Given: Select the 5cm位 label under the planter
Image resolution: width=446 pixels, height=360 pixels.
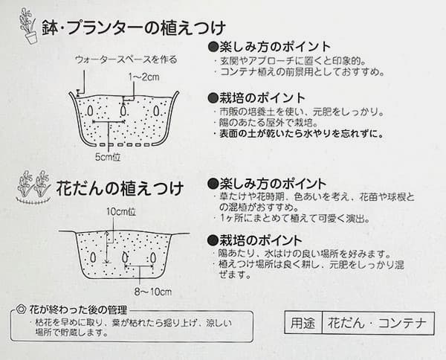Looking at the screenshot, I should coord(109,158).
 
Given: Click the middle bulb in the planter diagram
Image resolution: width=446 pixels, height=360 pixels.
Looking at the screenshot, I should coord(123,109).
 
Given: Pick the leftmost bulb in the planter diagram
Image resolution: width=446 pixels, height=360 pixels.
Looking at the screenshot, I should coord(92,111).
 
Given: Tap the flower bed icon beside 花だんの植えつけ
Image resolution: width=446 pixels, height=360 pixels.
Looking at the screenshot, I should coord(33,187).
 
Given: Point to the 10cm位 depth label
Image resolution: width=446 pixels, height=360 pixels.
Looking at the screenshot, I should coord(120,211).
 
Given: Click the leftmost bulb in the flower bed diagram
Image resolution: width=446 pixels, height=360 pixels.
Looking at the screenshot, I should coord(92,257).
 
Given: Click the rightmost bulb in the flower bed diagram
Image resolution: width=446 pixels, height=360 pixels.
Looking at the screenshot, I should coord(152,257).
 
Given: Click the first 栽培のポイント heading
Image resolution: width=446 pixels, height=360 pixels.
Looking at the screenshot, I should coord(257,97).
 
